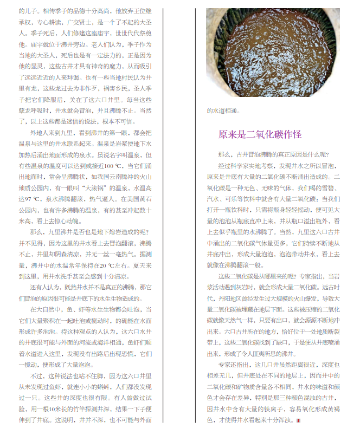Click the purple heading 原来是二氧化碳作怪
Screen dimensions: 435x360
(260, 134)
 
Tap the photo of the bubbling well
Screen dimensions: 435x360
(273, 53)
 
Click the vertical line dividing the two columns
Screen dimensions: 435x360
(163, 217)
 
